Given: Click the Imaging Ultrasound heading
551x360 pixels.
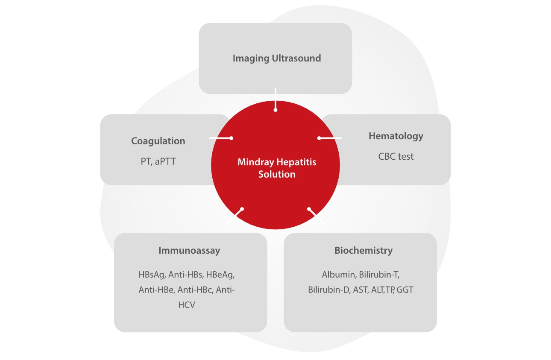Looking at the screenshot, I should (276, 58).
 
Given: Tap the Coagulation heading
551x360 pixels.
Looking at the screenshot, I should (158, 141).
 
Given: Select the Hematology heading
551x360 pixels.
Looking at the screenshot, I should (396, 136).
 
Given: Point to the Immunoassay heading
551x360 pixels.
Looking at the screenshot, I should (189, 250).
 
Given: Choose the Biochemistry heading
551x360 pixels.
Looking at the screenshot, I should (363, 250).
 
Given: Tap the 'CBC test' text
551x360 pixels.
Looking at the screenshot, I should (396, 156).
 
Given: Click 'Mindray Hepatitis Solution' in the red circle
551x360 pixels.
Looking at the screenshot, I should (277, 168).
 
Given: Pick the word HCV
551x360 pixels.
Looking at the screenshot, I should (187, 305).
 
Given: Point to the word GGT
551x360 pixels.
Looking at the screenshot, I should (405, 290).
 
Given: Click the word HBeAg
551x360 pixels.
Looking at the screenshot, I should (221, 274).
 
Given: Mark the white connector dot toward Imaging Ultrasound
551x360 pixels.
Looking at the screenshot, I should (275, 110).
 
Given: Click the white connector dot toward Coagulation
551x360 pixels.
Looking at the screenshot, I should (231, 138).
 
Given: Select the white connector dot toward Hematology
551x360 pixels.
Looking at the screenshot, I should (319, 138).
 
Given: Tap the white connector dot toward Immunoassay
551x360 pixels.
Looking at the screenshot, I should (242, 209).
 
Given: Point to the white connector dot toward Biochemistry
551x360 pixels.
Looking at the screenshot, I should (309, 209).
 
